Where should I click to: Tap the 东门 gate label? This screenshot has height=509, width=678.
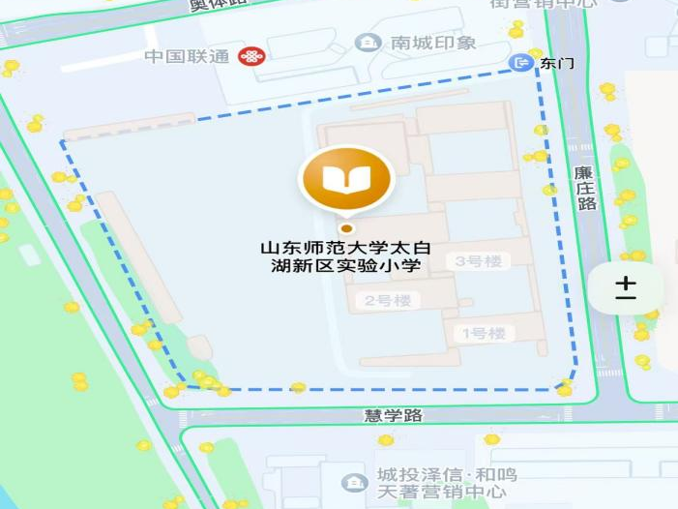[x=557, y=63]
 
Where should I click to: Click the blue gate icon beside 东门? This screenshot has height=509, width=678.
[x=523, y=63]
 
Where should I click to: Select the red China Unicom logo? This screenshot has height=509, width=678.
[x=251, y=56]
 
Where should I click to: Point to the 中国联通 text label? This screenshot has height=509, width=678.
[x=187, y=56]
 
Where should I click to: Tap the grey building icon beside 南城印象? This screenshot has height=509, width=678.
[x=368, y=43]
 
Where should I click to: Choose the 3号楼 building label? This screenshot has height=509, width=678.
[x=481, y=261]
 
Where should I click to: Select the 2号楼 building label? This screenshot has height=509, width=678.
[x=388, y=301]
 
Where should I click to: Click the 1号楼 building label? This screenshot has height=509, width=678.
[x=483, y=334]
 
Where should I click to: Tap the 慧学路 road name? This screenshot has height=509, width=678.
[x=394, y=415]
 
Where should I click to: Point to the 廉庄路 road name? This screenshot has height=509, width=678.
[x=584, y=188]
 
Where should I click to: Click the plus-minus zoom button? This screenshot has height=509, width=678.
[x=626, y=287]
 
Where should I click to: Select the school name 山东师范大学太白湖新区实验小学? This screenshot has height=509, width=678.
[x=346, y=256]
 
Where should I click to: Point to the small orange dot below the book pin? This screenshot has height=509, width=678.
[x=346, y=228]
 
